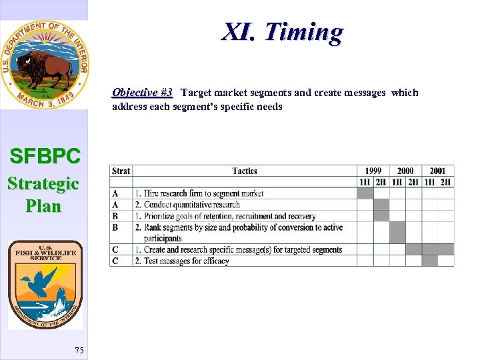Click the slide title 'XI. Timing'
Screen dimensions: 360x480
283,32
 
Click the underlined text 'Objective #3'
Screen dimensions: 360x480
142,93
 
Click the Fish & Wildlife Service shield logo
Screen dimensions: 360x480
45,285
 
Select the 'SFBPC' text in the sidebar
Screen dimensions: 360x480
45,157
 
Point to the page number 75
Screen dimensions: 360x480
79,351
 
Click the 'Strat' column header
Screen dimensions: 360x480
121,171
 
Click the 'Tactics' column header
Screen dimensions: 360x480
245,171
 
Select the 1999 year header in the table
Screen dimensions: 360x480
373,171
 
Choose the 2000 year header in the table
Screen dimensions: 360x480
405,171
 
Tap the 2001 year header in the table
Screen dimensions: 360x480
438,171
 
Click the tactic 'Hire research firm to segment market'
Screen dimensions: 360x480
203,193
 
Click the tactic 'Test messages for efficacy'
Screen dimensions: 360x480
186,261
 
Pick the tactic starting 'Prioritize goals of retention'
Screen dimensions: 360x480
220,216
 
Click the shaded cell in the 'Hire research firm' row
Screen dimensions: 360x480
365,193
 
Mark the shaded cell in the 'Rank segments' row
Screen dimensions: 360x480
397,233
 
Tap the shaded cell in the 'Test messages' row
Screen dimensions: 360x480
430,261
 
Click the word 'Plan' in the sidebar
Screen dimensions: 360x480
43,206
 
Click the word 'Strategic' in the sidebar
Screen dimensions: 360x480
43,183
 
